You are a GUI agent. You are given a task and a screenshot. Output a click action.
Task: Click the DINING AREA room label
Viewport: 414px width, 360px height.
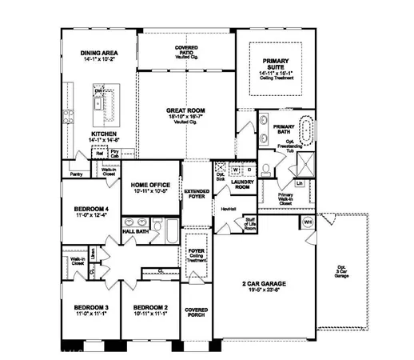100,54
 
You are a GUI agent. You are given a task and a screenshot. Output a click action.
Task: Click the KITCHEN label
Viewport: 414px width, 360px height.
104,134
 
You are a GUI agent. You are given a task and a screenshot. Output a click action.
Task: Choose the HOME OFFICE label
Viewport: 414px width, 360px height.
149,186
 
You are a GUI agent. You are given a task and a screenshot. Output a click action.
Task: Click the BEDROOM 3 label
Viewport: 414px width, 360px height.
91,307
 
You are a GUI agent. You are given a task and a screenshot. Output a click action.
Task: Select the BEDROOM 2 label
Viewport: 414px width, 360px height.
149,307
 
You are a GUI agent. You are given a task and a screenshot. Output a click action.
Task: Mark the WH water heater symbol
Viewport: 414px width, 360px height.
308,222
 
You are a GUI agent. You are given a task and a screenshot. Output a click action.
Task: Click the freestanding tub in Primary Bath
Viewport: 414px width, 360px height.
306,129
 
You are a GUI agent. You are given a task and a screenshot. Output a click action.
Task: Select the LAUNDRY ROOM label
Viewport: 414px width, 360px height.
242,184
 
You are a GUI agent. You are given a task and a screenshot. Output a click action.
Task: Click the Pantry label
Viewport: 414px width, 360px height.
77,173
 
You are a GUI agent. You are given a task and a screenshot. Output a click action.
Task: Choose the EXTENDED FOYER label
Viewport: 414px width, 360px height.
197,194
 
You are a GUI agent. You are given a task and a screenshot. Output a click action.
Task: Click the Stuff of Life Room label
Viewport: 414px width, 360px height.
250,223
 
